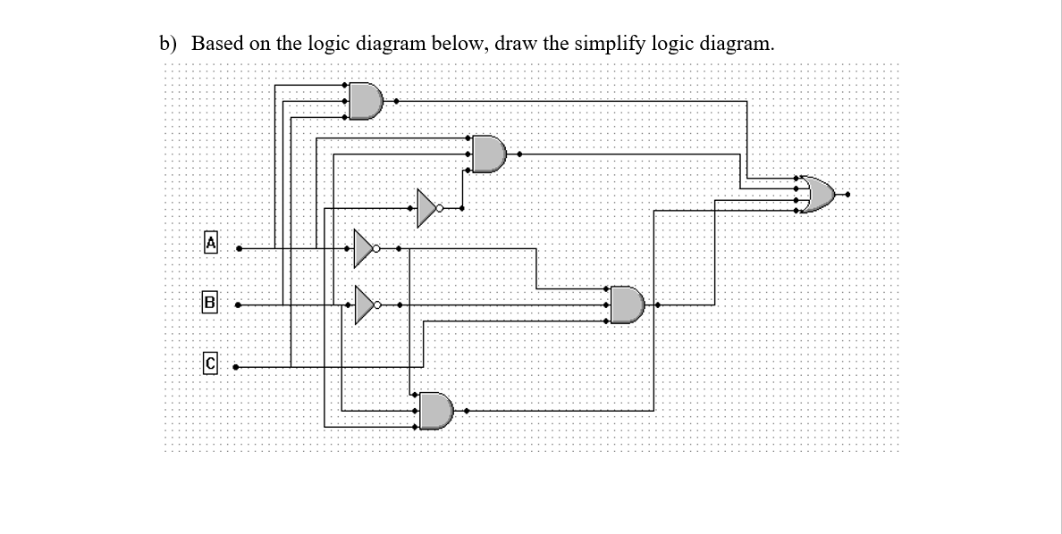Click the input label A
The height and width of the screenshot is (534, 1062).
(211, 241)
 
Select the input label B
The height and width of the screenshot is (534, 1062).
(211, 302)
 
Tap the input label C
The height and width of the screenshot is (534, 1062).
(211, 363)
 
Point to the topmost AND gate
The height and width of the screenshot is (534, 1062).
(365, 100)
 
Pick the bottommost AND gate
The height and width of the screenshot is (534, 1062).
(436, 411)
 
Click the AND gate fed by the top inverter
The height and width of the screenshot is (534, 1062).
(488, 154)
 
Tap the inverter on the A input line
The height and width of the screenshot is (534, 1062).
(364, 248)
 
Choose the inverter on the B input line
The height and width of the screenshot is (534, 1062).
(364, 305)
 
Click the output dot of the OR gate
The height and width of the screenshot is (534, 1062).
(848, 194)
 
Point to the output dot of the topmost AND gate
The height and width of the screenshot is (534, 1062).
(397, 101)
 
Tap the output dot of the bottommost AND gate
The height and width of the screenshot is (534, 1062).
(466, 411)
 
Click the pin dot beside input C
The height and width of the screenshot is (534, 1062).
(237, 366)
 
